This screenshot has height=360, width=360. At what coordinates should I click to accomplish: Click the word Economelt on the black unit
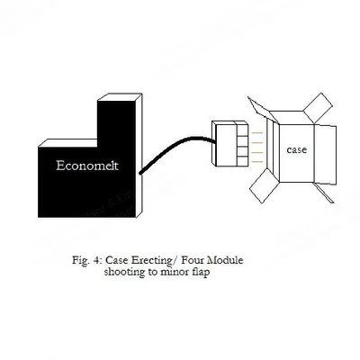pyautogui.click(x=87, y=166)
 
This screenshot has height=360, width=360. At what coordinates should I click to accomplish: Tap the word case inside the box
pyautogui.click(x=297, y=149)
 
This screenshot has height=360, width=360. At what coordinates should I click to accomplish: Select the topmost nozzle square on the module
pyautogui.click(x=242, y=130)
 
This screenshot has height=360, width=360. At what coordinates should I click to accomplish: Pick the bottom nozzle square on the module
pyautogui.click(x=242, y=161)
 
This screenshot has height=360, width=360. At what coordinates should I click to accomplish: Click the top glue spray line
pyautogui.click(x=257, y=132)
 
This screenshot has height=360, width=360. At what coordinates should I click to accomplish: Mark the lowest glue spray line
pyautogui.click(x=257, y=162)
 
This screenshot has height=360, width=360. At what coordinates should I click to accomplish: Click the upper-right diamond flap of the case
pyautogui.click(x=318, y=108)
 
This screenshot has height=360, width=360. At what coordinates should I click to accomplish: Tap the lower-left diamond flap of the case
pyautogui.click(x=265, y=186)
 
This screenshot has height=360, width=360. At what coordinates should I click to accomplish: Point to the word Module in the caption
pyautogui.click(x=225, y=260)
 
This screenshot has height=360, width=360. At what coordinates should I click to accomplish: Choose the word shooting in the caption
pyautogui.click(x=124, y=273)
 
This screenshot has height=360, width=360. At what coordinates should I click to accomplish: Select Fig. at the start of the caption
pyautogui.click(x=81, y=260)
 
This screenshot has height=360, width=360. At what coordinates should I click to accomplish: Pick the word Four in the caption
pyautogui.click(x=193, y=260)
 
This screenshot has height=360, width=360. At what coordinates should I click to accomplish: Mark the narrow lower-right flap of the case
pyautogui.click(x=324, y=193)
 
